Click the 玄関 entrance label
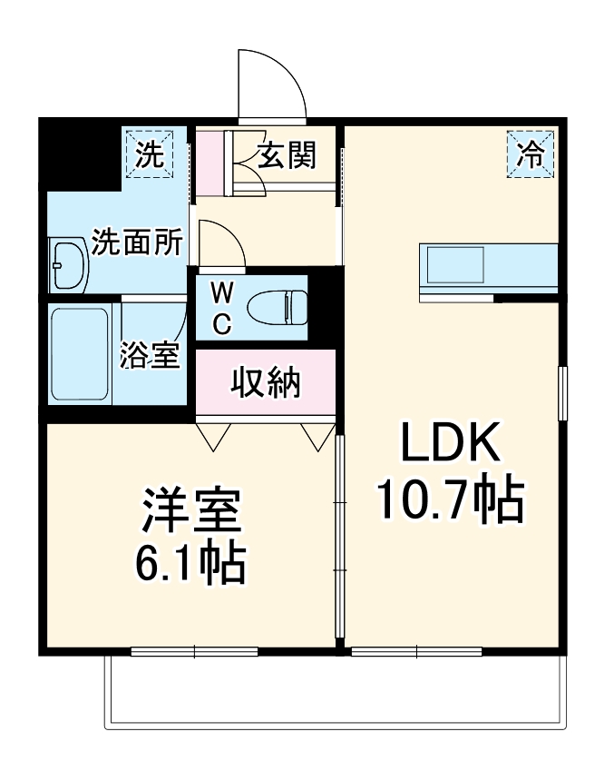tap(286, 156)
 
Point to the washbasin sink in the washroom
tap(68, 264)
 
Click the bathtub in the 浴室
tap(81, 354)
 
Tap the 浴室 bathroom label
tap(149, 356)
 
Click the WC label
tap(223, 307)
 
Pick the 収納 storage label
tap(265, 384)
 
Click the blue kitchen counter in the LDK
tap(488, 268)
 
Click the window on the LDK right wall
tap(562, 393)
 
